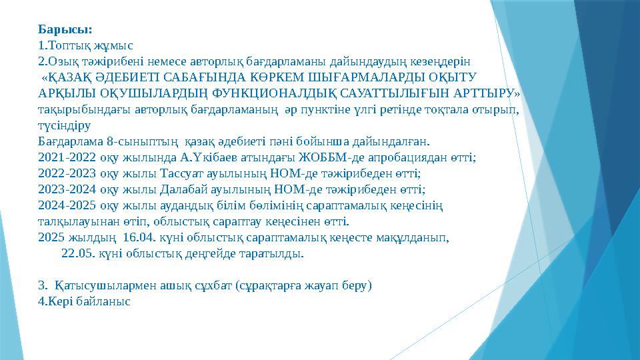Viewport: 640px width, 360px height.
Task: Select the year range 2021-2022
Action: point(67,158)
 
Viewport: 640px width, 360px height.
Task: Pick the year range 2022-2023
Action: point(67,174)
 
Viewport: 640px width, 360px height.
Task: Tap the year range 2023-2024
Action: point(67,190)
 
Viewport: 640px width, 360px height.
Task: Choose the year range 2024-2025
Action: point(67,206)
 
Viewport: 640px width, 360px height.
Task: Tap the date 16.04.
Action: point(140,237)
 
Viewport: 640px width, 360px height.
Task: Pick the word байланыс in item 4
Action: point(104,301)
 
